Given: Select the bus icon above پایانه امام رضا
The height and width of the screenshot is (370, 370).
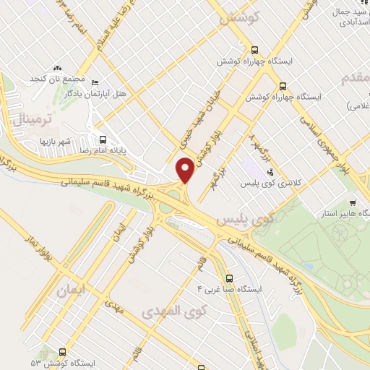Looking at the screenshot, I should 103,139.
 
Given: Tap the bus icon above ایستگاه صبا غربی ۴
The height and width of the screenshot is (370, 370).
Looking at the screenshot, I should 229,277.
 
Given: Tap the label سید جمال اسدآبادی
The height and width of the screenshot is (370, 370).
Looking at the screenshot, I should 340,17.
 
